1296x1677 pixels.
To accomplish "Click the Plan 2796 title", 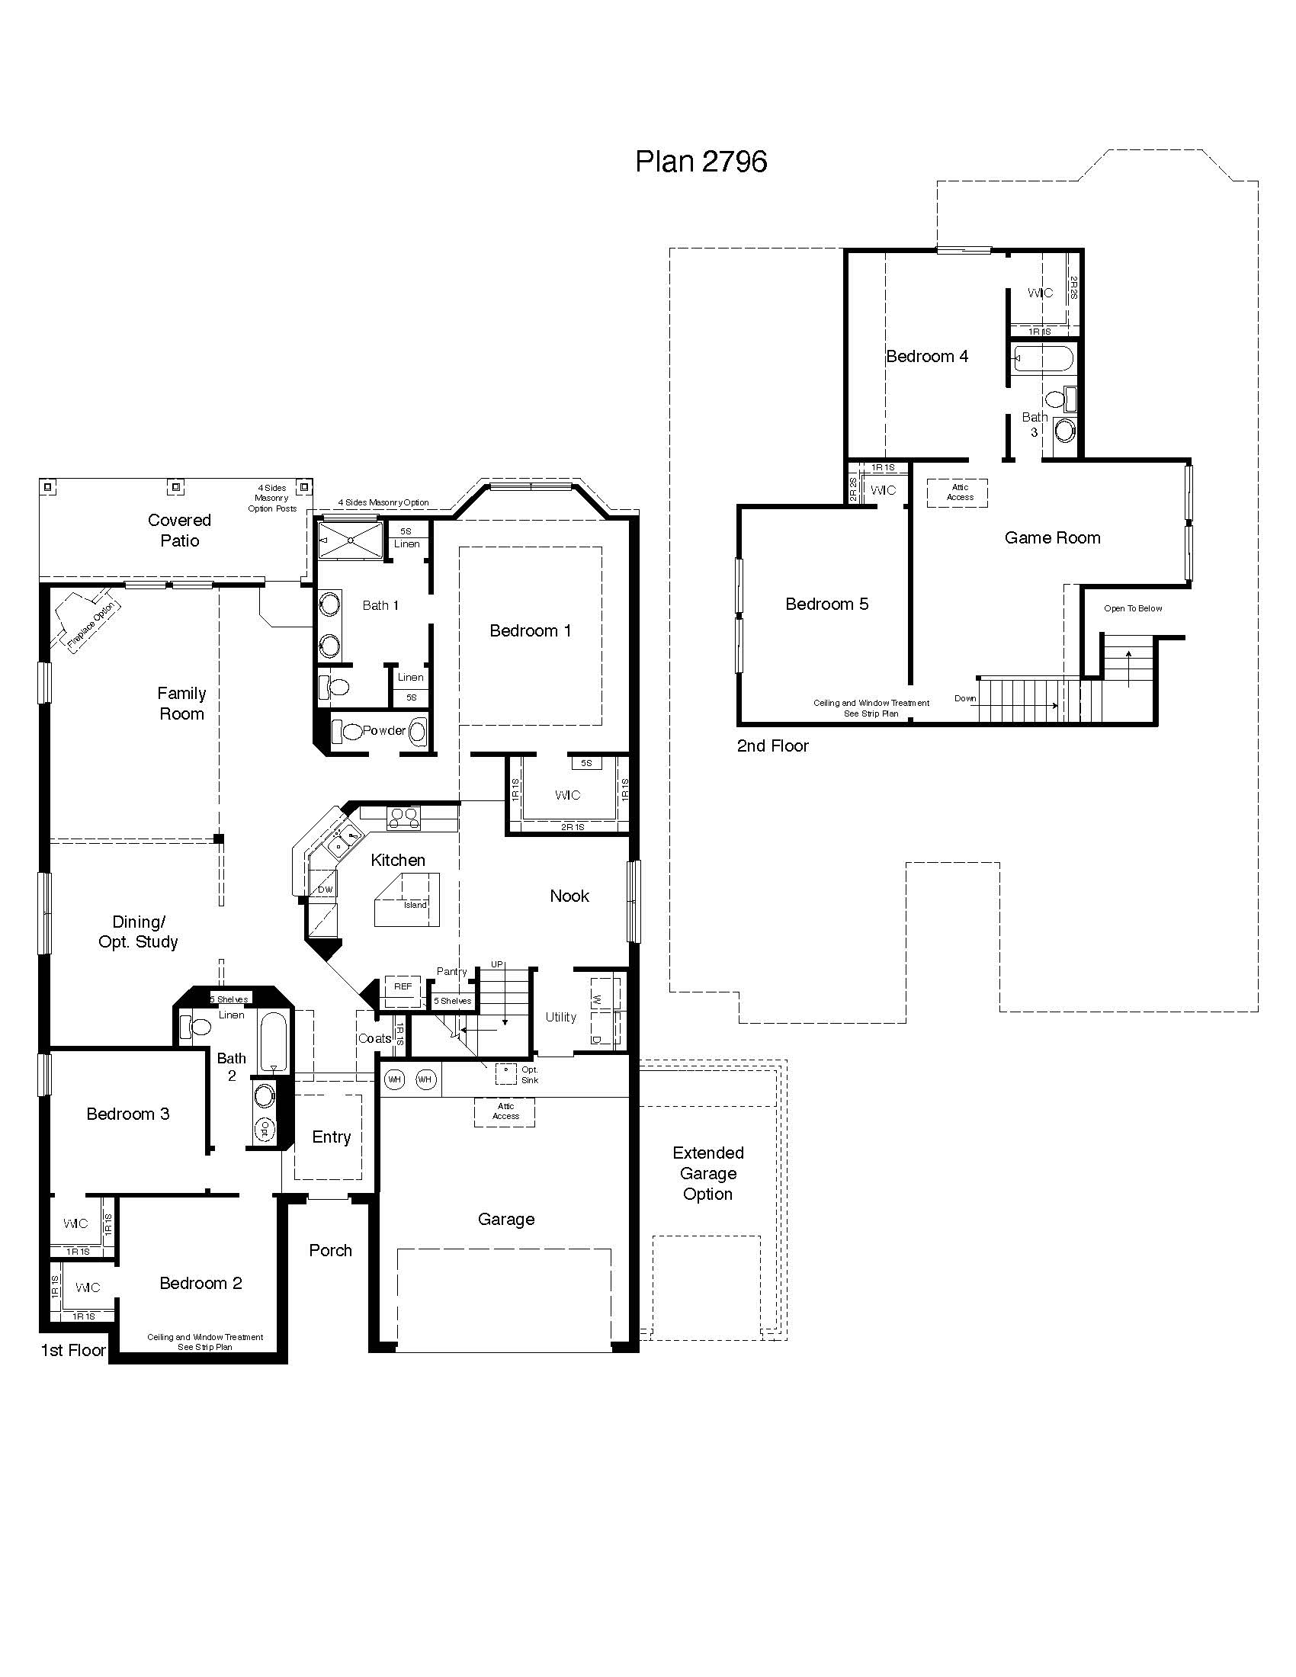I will [700, 162].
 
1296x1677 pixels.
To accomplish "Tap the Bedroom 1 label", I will [530, 630].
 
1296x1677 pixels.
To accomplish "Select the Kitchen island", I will [408, 900].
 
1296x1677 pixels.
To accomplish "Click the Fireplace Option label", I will [93, 625].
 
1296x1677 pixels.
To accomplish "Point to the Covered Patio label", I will [179, 531].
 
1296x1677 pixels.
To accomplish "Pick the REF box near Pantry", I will [403, 986].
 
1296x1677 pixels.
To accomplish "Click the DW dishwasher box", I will [325, 889].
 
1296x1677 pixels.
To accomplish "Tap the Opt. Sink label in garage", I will [529, 1074].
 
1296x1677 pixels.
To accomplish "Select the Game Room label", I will [1052, 538].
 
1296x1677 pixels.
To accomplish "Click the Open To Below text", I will [1132, 608].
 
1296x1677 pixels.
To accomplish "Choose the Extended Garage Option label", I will [707, 1173].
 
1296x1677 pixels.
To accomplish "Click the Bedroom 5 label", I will [826, 604].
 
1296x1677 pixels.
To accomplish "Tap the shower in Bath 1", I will [350, 540].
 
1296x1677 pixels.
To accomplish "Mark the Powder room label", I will [384, 730].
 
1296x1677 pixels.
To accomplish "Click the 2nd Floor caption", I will [772, 746].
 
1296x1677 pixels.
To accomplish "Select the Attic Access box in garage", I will [505, 1111].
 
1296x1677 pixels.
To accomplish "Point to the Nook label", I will [569, 896].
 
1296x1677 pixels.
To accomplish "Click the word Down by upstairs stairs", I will [964, 698].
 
